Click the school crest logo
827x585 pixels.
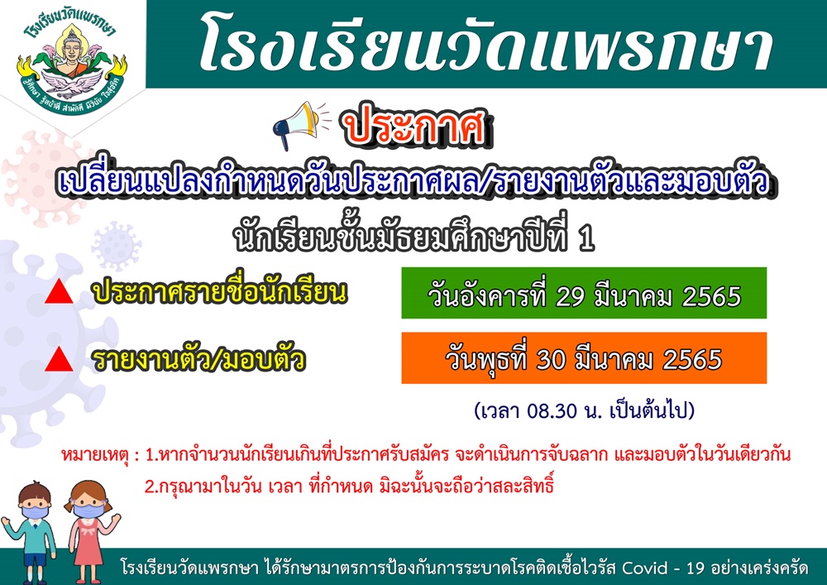pyautogui.click(x=71, y=65)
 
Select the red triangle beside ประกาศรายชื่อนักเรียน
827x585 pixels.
pyautogui.click(x=59, y=291)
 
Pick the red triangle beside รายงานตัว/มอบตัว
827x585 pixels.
pyautogui.click(x=59, y=359)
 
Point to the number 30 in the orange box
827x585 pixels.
pyautogui.click(x=551, y=361)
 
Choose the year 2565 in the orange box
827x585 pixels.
pyautogui.click(x=692, y=361)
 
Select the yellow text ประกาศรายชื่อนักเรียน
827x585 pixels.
pyautogui.click(x=219, y=292)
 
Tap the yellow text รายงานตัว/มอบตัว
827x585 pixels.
pyautogui.click(x=198, y=359)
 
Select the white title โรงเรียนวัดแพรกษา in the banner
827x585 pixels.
pyautogui.click(x=486, y=45)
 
